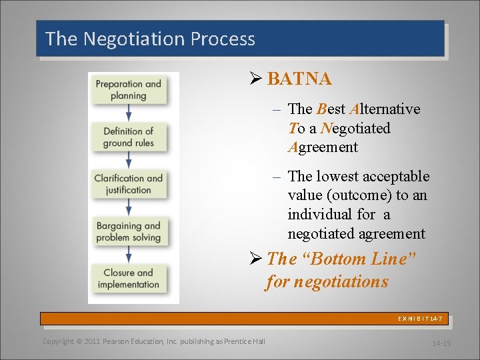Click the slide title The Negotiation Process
(150, 39)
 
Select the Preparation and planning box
(128, 89)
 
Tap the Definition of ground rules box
(128, 137)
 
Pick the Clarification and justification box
(128, 184)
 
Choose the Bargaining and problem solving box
(128, 231)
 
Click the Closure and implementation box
(128, 279)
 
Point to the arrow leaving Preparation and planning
(128, 113)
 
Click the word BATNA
(299, 79)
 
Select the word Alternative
(385, 109)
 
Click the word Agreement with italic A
(323, 147)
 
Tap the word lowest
(339, 177)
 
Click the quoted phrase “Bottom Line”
(363, 259)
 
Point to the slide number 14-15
(441, 343)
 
